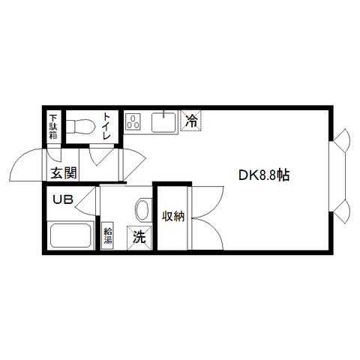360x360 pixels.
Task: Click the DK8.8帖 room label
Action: (x=264, y=175)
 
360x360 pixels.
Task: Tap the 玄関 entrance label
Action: (x=64, y=173)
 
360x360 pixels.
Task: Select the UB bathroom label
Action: (x=63, y=199)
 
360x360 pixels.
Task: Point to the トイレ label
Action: (x=106, y=126)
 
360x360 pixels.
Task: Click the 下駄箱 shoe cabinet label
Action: (x=53, y=127)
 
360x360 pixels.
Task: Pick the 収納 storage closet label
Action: (x=174, y=216)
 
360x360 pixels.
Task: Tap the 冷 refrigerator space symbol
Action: (x=191, y=120)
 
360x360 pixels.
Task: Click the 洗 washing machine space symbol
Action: (x=139, y=238)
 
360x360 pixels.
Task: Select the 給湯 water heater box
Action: (x=108, y=235)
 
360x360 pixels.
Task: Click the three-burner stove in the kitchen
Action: (x=133, y=121)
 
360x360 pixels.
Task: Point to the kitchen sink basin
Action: (x=163, y=122)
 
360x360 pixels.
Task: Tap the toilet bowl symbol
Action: (x=80, y=127)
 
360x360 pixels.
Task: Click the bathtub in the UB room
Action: (x=70, y=235)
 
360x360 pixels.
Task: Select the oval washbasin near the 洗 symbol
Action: (x=142, y=209)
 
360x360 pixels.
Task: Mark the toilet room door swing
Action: (x=101, y=156)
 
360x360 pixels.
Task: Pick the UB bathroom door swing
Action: (x=85, y=202)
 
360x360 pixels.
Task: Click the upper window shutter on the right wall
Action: (x=343, y=140)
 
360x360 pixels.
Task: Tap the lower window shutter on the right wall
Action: (x=343, y=211)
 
